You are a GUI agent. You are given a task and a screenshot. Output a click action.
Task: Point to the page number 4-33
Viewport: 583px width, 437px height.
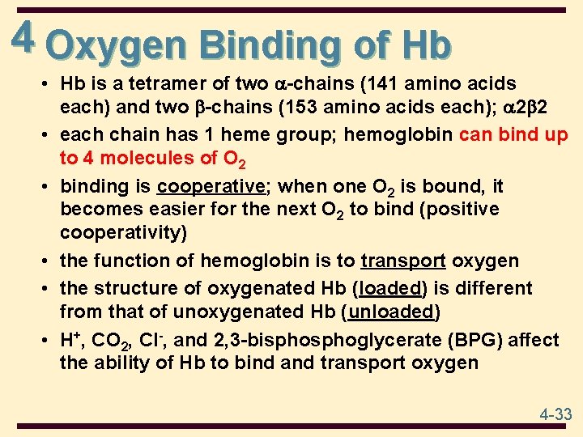point(555,414)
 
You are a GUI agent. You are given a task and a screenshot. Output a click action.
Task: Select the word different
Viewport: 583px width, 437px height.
point(492,288)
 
